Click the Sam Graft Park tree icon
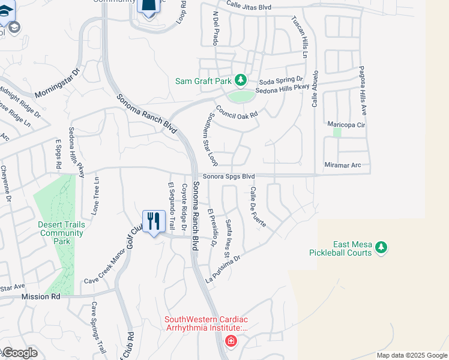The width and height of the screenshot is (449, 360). coord(241,80)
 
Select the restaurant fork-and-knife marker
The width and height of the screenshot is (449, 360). coord(154,221)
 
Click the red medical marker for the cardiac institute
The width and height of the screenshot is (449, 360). coord(231,341)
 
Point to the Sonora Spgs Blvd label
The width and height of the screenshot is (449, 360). coord(229,176)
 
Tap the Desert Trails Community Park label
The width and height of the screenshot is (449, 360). coord(62,233)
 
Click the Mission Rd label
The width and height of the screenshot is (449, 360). coord(41,296)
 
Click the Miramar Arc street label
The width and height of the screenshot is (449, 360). coord(343,165)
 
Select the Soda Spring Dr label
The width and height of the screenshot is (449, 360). coord(281,80)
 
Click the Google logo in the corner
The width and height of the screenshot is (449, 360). coord(19,353)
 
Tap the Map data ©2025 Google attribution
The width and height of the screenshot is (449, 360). coord(412,355)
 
